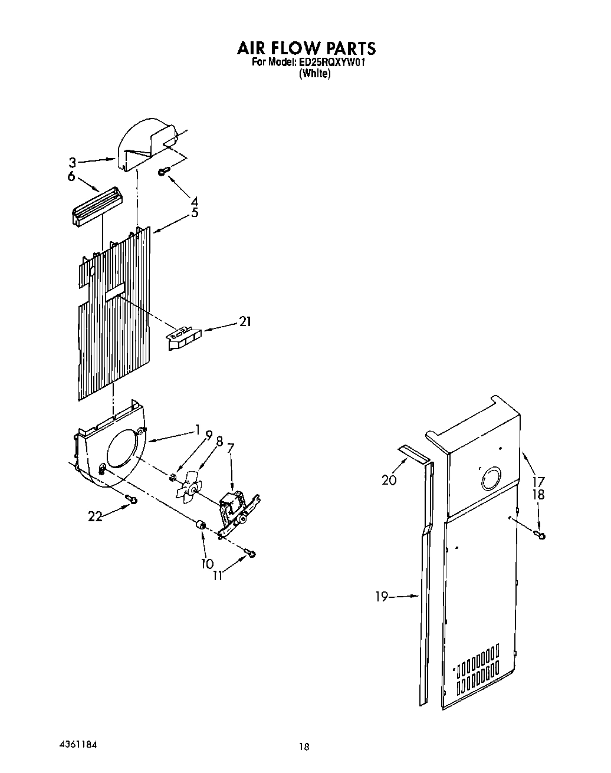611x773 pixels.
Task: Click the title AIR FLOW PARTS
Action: (x=305, y=47)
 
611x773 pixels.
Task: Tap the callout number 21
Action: (x=245, y=321)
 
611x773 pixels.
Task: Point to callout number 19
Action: (x=382, y=597)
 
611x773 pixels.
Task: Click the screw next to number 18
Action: (x=540, y=535)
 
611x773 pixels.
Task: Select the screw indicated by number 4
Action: (x=164, y=171)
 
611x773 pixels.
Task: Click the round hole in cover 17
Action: (x=491, y=479)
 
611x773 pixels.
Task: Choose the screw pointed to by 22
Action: (x=132, y=500)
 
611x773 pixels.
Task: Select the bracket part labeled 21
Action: (x=183, y=339)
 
